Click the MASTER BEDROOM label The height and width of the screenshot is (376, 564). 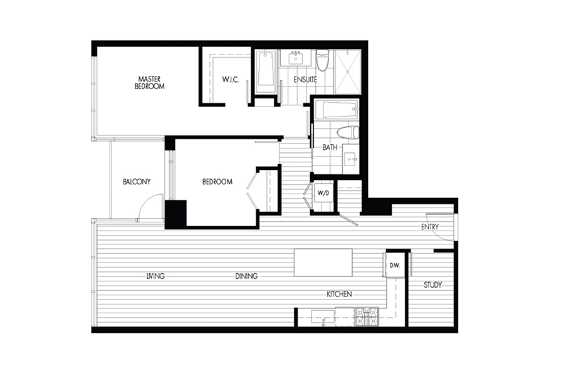pos(150,82)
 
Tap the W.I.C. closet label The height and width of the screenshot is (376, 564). pos(230,80)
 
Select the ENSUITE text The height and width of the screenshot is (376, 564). pos(305,80)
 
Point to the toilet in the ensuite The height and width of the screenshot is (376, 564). pos(323,60)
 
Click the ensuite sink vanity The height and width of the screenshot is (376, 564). pos(296,58)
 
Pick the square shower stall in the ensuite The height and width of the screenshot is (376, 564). pos(347,71)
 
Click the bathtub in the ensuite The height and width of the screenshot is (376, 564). pos(266,71)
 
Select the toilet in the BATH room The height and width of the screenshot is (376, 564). pos(348,132)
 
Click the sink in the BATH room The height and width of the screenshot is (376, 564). pos(350,159)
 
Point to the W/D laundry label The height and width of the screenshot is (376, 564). pos(323,193)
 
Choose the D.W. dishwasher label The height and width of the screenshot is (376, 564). pos(395,266)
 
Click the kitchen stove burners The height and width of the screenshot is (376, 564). pos(367,316)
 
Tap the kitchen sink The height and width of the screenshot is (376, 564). pos(323,317)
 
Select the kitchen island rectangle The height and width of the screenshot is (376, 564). pos(323,263)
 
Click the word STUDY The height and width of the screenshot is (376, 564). pos(432,285)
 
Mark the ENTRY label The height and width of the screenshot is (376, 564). pos(430,227)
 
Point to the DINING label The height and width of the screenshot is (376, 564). pos(246,276)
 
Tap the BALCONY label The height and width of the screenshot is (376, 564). pos(137,182)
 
